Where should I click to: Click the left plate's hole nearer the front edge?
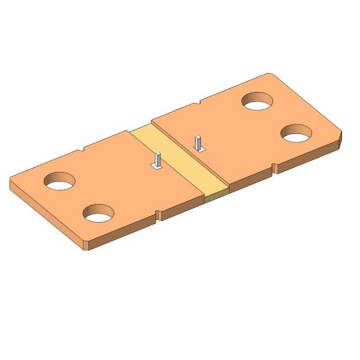point(99,213)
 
